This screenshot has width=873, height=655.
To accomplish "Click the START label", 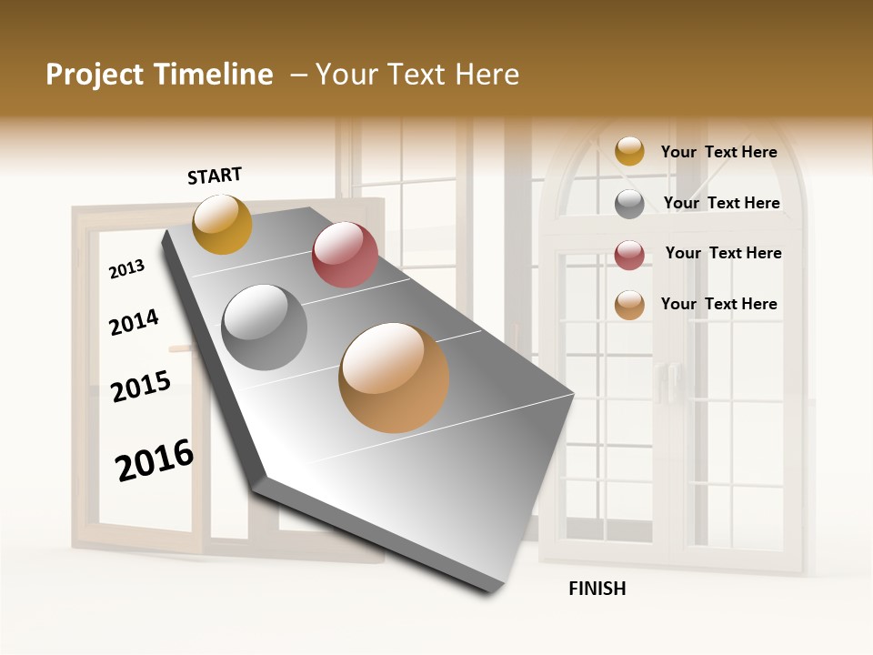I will (215, 176).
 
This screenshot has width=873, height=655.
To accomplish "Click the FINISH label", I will (597, 588).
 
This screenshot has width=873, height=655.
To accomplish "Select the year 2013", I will (126, 269).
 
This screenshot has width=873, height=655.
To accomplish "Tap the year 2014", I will (134, 322).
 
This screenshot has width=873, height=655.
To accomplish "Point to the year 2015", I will (141, 387).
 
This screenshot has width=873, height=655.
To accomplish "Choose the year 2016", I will (155, 460).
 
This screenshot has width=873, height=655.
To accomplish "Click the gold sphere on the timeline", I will (222, 224).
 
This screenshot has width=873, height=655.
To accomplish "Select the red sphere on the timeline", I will (345, 255).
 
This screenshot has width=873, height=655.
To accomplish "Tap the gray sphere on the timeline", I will (265, 327).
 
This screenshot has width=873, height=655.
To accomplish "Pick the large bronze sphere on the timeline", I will (394, 378).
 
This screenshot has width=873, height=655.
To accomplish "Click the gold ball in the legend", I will (629, 151).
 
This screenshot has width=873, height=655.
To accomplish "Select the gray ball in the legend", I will (629, 204).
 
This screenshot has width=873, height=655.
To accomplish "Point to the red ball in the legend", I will (629, 255).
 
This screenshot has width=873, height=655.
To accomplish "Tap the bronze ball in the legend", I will (629, 305).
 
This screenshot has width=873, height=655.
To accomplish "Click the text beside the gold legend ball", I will (718, 152).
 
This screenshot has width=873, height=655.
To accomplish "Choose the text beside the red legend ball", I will (723, 253).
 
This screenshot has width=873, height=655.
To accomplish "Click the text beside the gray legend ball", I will (721, 203).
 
